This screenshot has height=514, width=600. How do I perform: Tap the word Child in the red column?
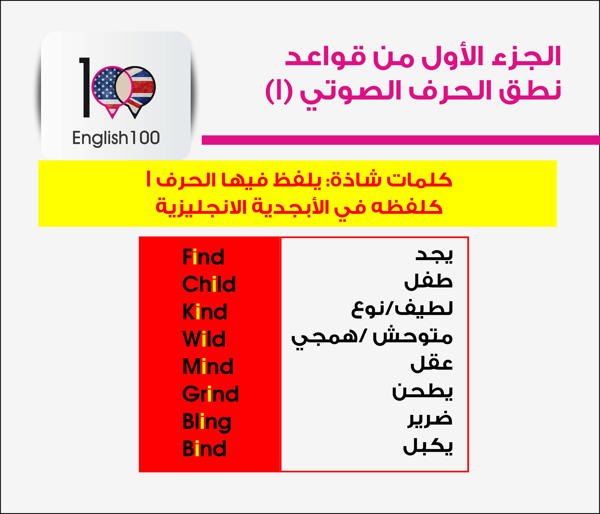[x=209, y=284]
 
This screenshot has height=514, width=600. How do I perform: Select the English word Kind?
[x=205, y=311]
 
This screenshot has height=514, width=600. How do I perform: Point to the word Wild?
[x=204, y=339]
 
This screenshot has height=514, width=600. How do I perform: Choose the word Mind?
[x=208, y=366]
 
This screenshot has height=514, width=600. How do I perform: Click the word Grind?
[x=210, y=394]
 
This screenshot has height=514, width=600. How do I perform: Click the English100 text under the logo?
[x=116, y=138]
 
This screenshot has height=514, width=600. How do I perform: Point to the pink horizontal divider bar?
[x=401, y=140]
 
